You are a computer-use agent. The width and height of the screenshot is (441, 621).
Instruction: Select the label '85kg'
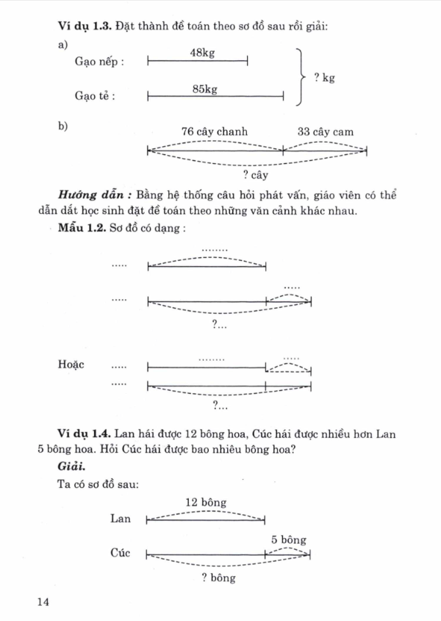point(205,89)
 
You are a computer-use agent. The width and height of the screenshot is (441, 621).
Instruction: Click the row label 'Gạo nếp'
point(99,62)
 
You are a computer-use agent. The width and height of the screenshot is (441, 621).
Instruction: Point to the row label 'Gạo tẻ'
point(96,96)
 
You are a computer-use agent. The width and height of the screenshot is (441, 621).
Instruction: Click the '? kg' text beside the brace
point(324,77)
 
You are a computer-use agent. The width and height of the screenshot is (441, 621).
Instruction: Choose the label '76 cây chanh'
point(215,132)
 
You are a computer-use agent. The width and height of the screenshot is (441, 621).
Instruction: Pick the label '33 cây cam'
point(325,132)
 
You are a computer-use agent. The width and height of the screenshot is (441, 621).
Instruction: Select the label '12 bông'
point(206,503)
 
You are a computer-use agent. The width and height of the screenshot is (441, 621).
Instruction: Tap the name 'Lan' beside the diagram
point(120,519)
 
